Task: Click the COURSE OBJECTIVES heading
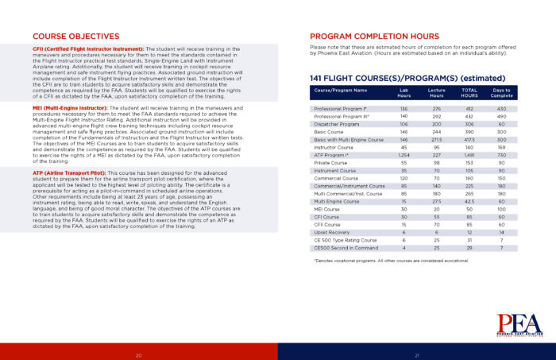(x=70, y=37)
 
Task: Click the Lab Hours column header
(x=403, y=93)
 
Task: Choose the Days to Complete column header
(x=501, y=93)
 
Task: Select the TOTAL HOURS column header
(x=469, y=93)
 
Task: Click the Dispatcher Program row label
(x=338, y=124)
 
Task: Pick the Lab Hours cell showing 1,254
(x=403, y=154)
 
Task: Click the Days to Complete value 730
(x=501, y=154)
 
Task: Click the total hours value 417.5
(x=469, y=139)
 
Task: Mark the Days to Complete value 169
(x=501, y=147)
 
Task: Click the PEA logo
(x=519, y=324)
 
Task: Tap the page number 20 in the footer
(x=139, y=354)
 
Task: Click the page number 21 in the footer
(x=416, y=354)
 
